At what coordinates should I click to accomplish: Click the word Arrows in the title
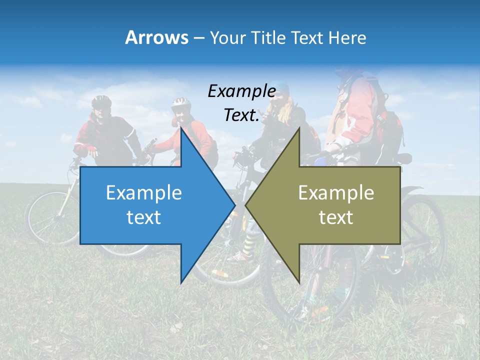click(157, 37)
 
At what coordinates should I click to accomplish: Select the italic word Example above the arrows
click(241, 91)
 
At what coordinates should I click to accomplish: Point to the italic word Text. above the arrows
click(241, 115)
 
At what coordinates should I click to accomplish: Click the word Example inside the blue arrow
click(144, 193)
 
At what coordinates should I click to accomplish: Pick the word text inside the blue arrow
click(144, 217)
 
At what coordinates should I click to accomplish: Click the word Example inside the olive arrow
click(336, 193)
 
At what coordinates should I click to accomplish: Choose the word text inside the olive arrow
click(336, 217)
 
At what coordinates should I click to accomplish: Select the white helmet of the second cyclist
click(181, 103)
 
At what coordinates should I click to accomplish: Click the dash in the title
click(198, 37)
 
